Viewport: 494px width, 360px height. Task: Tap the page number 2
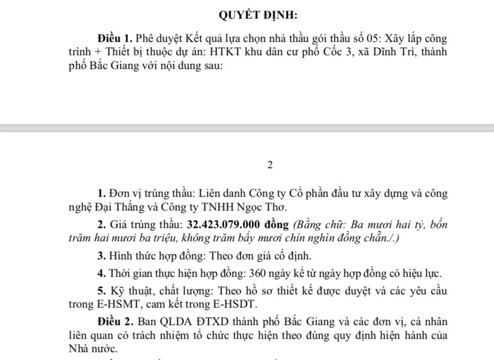click(x=270, y=165)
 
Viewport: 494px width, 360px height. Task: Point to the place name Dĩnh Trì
click(x=393, y=52)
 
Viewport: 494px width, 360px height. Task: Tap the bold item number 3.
click(x=101, y=256)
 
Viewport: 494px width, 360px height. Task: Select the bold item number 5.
click(x=101, y=291)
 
